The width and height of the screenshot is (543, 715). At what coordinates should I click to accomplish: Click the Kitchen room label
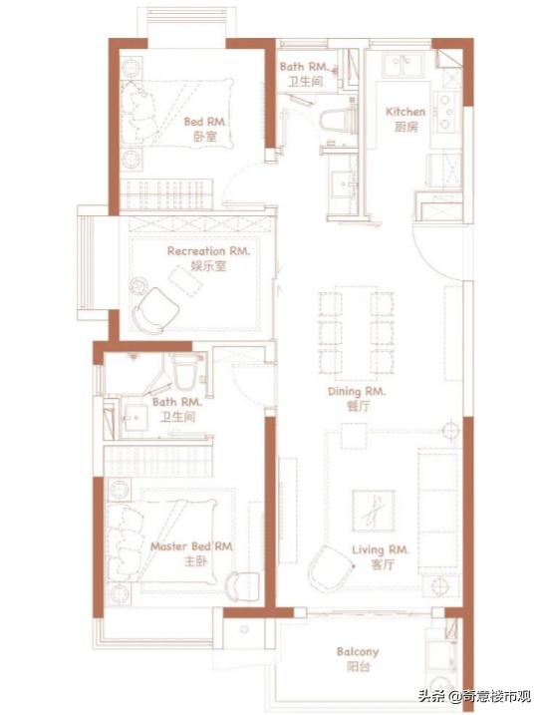(x=406, y=112)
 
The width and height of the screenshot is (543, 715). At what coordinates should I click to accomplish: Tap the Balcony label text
(x=358, y=651)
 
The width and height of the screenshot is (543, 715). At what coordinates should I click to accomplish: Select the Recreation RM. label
(x=208, y=250)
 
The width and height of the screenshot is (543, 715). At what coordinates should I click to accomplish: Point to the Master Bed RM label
(x=191, y=546)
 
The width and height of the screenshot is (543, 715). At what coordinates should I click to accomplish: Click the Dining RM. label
(x=357, y=391)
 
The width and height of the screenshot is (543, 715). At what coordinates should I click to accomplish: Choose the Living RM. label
(x=381, y=549)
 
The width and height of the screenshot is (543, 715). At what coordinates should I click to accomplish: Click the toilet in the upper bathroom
(x=336, y=121)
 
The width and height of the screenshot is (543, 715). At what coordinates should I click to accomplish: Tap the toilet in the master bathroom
(x=184, y=372)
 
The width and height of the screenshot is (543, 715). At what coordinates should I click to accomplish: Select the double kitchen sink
(x=404, y=64)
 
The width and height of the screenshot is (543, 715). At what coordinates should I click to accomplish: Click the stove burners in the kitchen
(x=445, y=112)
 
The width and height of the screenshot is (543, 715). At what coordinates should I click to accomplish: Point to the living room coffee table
(x=374, y=511)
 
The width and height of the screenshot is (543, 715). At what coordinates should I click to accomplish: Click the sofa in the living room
(x=438, y=511)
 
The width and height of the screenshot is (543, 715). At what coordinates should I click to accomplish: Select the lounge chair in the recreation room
(x=154, y=310)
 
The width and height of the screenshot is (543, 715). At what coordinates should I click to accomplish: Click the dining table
(x=357, y=334)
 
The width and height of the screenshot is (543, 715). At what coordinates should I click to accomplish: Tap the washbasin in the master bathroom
(x=136, y=417)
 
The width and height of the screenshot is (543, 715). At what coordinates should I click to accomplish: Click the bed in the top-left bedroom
(x=176, y=113)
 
